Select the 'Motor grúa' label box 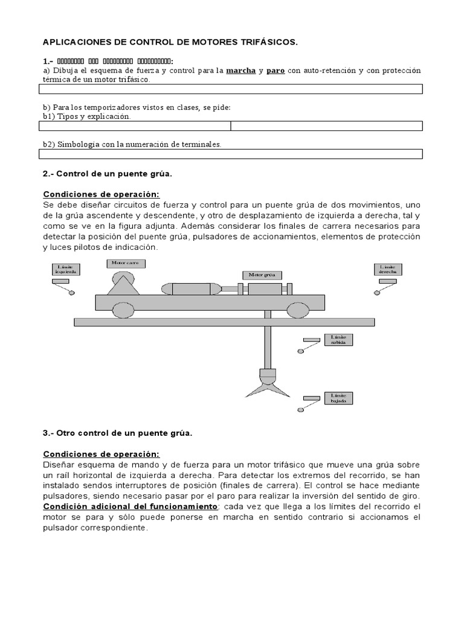tap(262, 275)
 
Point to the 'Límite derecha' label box tap(387, 269)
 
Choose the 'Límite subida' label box tap(337, 340)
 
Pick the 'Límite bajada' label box tap(337, 398)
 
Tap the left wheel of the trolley tap(123, 310)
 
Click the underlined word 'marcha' tap(240, 71)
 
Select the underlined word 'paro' tap(275, 71)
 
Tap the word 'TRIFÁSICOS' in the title tap(265, 43)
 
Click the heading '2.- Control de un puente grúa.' tap(108, 174)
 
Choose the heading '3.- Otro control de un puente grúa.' tap(117, 434)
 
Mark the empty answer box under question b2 tap(230, 154)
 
